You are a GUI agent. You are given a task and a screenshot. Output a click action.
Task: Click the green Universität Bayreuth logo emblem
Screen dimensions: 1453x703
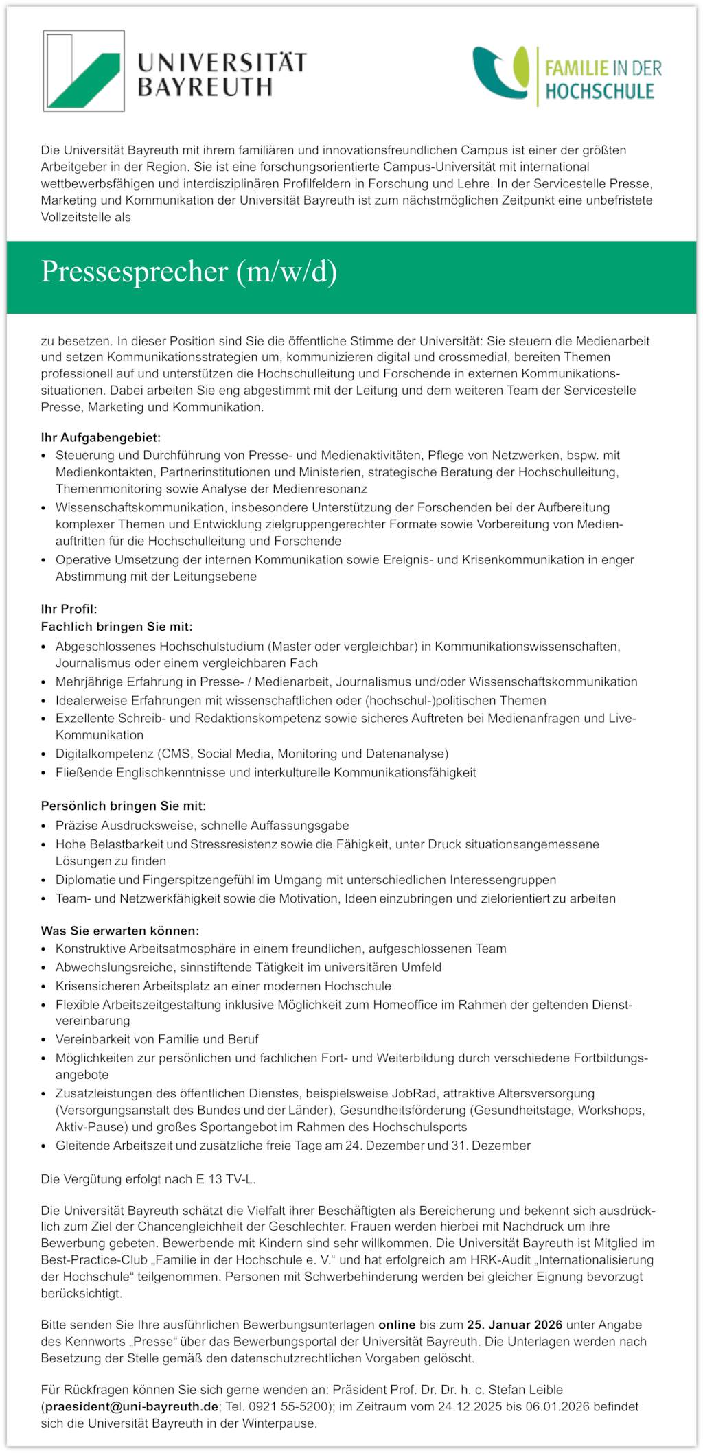tap(84, 71)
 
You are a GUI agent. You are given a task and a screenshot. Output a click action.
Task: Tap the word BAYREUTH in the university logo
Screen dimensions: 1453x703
tap(205, 88)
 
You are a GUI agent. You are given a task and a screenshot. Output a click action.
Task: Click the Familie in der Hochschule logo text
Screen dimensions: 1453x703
tap(603, 80)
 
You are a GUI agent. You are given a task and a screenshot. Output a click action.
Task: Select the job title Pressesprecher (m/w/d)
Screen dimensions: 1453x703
tap(189, 272)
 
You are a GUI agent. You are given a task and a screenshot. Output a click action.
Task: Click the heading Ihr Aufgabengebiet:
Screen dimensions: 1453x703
tap(100, 437)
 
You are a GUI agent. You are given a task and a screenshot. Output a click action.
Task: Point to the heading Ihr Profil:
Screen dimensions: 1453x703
tap(69, 609)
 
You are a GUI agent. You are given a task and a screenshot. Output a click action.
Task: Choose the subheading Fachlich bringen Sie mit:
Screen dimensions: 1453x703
tap(117, 627)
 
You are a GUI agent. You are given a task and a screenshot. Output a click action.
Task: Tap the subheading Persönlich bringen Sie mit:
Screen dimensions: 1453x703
tap(123, 806)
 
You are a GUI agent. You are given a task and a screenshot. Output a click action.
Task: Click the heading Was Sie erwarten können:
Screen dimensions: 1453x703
tap(119, 931)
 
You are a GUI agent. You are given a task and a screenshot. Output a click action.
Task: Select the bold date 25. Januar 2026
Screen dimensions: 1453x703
tap(514, 1325)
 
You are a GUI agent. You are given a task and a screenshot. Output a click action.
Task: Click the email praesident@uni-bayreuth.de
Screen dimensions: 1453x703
tap(132, 1406)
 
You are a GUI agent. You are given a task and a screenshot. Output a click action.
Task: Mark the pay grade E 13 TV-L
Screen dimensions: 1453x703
tap(224, 1179)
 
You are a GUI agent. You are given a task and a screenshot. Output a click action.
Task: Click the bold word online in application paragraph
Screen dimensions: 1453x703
tap(397, 1325)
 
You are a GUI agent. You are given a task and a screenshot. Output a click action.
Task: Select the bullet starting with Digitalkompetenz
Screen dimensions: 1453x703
tap(251, 754)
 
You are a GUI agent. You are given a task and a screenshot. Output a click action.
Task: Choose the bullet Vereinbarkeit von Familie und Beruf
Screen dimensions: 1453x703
tap(157, 1039)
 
